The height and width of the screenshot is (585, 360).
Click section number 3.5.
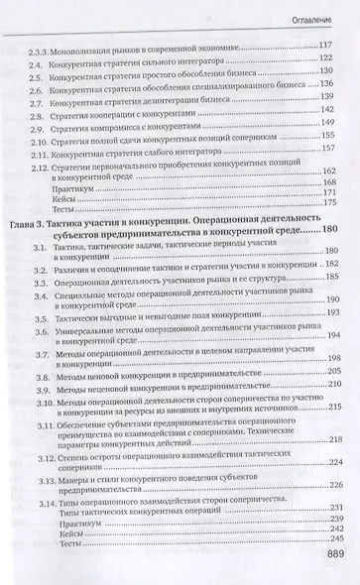coord(39,324)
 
